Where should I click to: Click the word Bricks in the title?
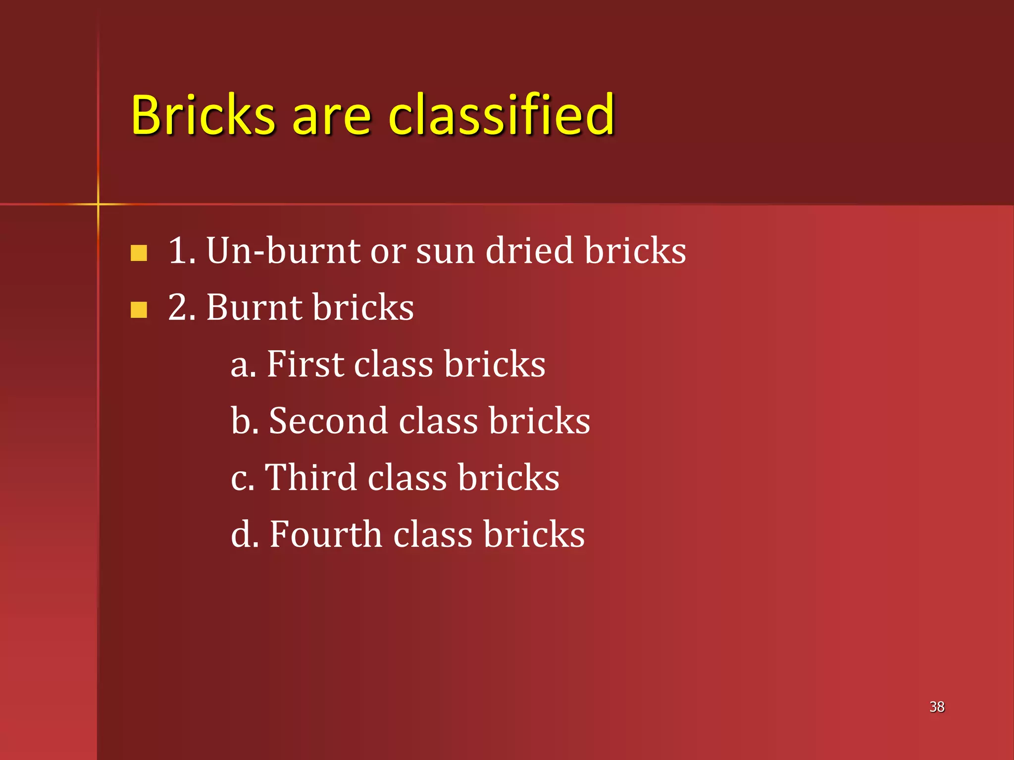203,115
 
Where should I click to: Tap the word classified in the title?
501,115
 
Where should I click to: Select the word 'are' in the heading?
331,119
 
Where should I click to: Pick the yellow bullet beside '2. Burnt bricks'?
139,310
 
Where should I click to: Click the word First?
305,364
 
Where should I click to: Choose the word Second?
328,421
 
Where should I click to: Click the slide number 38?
937,707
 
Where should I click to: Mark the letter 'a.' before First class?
243,366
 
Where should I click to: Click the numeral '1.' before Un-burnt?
181,251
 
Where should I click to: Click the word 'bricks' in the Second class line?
540,421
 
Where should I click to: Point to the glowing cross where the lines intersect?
98,204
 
